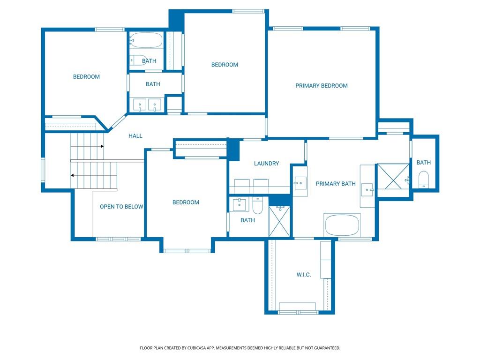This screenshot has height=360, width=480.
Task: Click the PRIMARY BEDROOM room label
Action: point(322,86)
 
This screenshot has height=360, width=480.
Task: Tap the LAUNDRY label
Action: point(266,164)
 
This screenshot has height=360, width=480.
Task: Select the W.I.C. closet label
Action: point(304,275)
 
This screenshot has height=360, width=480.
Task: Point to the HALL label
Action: point(135,136)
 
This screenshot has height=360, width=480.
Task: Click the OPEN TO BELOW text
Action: point(121,207)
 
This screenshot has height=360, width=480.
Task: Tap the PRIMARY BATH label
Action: point(336,184)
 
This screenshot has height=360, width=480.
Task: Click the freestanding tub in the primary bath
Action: point(342,225)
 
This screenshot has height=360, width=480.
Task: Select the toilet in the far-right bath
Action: point(424,180)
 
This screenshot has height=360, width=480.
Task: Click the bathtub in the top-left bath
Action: point(146,40)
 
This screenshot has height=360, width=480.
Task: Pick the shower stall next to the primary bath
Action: point(393,177)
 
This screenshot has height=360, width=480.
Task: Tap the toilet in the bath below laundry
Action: point(257,205)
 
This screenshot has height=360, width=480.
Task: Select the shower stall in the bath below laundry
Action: point(279,221)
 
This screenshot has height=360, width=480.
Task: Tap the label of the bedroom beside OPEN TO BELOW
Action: point(186,202)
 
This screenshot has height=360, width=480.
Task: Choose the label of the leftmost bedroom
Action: point(86,77)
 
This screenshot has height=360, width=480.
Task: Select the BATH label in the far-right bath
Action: point(424,163)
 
